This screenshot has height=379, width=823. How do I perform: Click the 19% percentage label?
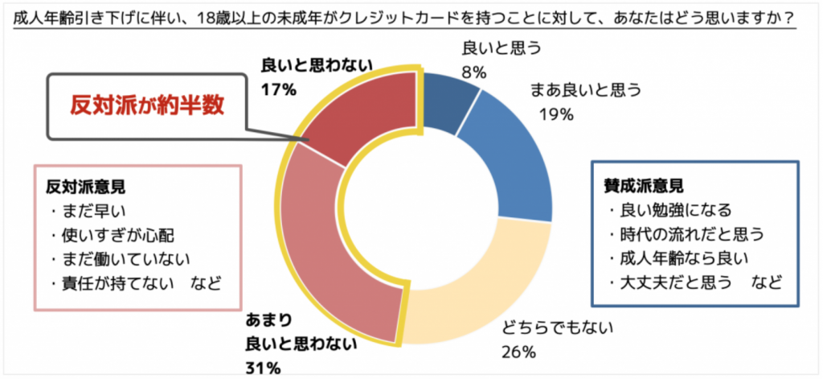click(x=556, y=114)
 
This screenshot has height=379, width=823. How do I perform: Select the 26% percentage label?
click(x=518, y=351)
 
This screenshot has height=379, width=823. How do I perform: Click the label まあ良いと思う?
click(x=584, y=90)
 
